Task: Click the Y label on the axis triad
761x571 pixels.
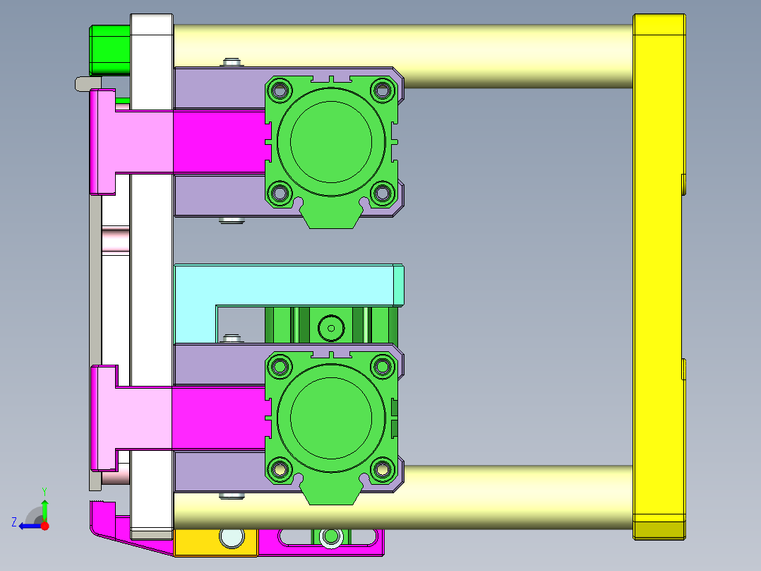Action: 44,490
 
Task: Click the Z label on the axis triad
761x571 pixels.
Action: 14,522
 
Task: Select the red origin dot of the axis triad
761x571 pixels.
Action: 44,526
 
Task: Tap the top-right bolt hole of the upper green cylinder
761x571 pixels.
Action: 383,90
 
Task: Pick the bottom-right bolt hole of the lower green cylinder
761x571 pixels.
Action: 383,467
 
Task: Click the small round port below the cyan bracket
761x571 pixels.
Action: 330,327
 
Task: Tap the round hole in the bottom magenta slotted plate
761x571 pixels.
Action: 329,538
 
